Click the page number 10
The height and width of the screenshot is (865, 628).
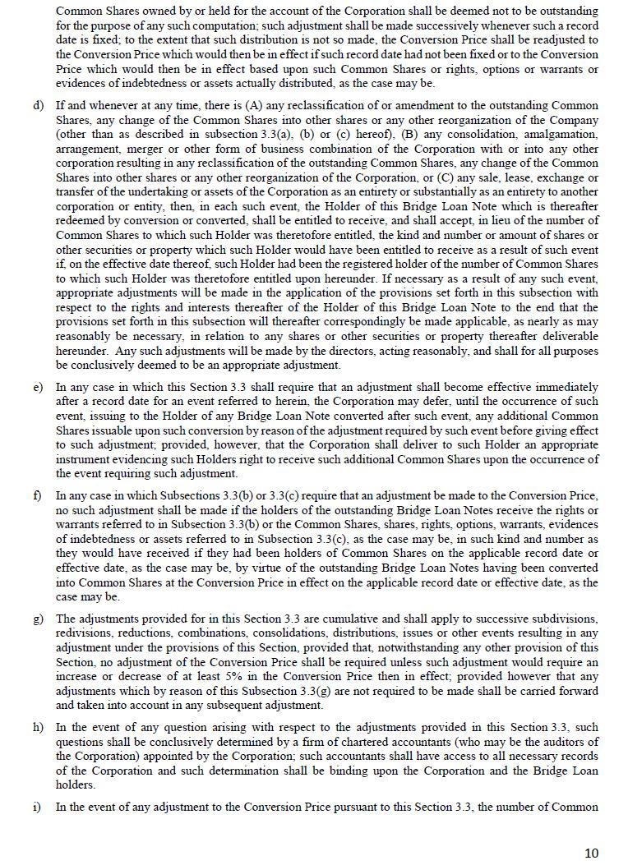[x=591, y=853]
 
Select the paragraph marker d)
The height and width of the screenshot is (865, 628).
[x=38, y=106]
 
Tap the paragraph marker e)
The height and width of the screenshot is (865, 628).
[x=38, y=387]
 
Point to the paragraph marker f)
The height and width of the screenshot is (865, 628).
[x=37, y=496]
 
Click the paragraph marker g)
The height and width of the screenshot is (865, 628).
[x=38, y=619]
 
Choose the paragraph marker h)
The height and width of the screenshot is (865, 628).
[x=38, y=728]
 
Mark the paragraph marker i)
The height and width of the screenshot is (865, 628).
[x=37, y=807]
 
